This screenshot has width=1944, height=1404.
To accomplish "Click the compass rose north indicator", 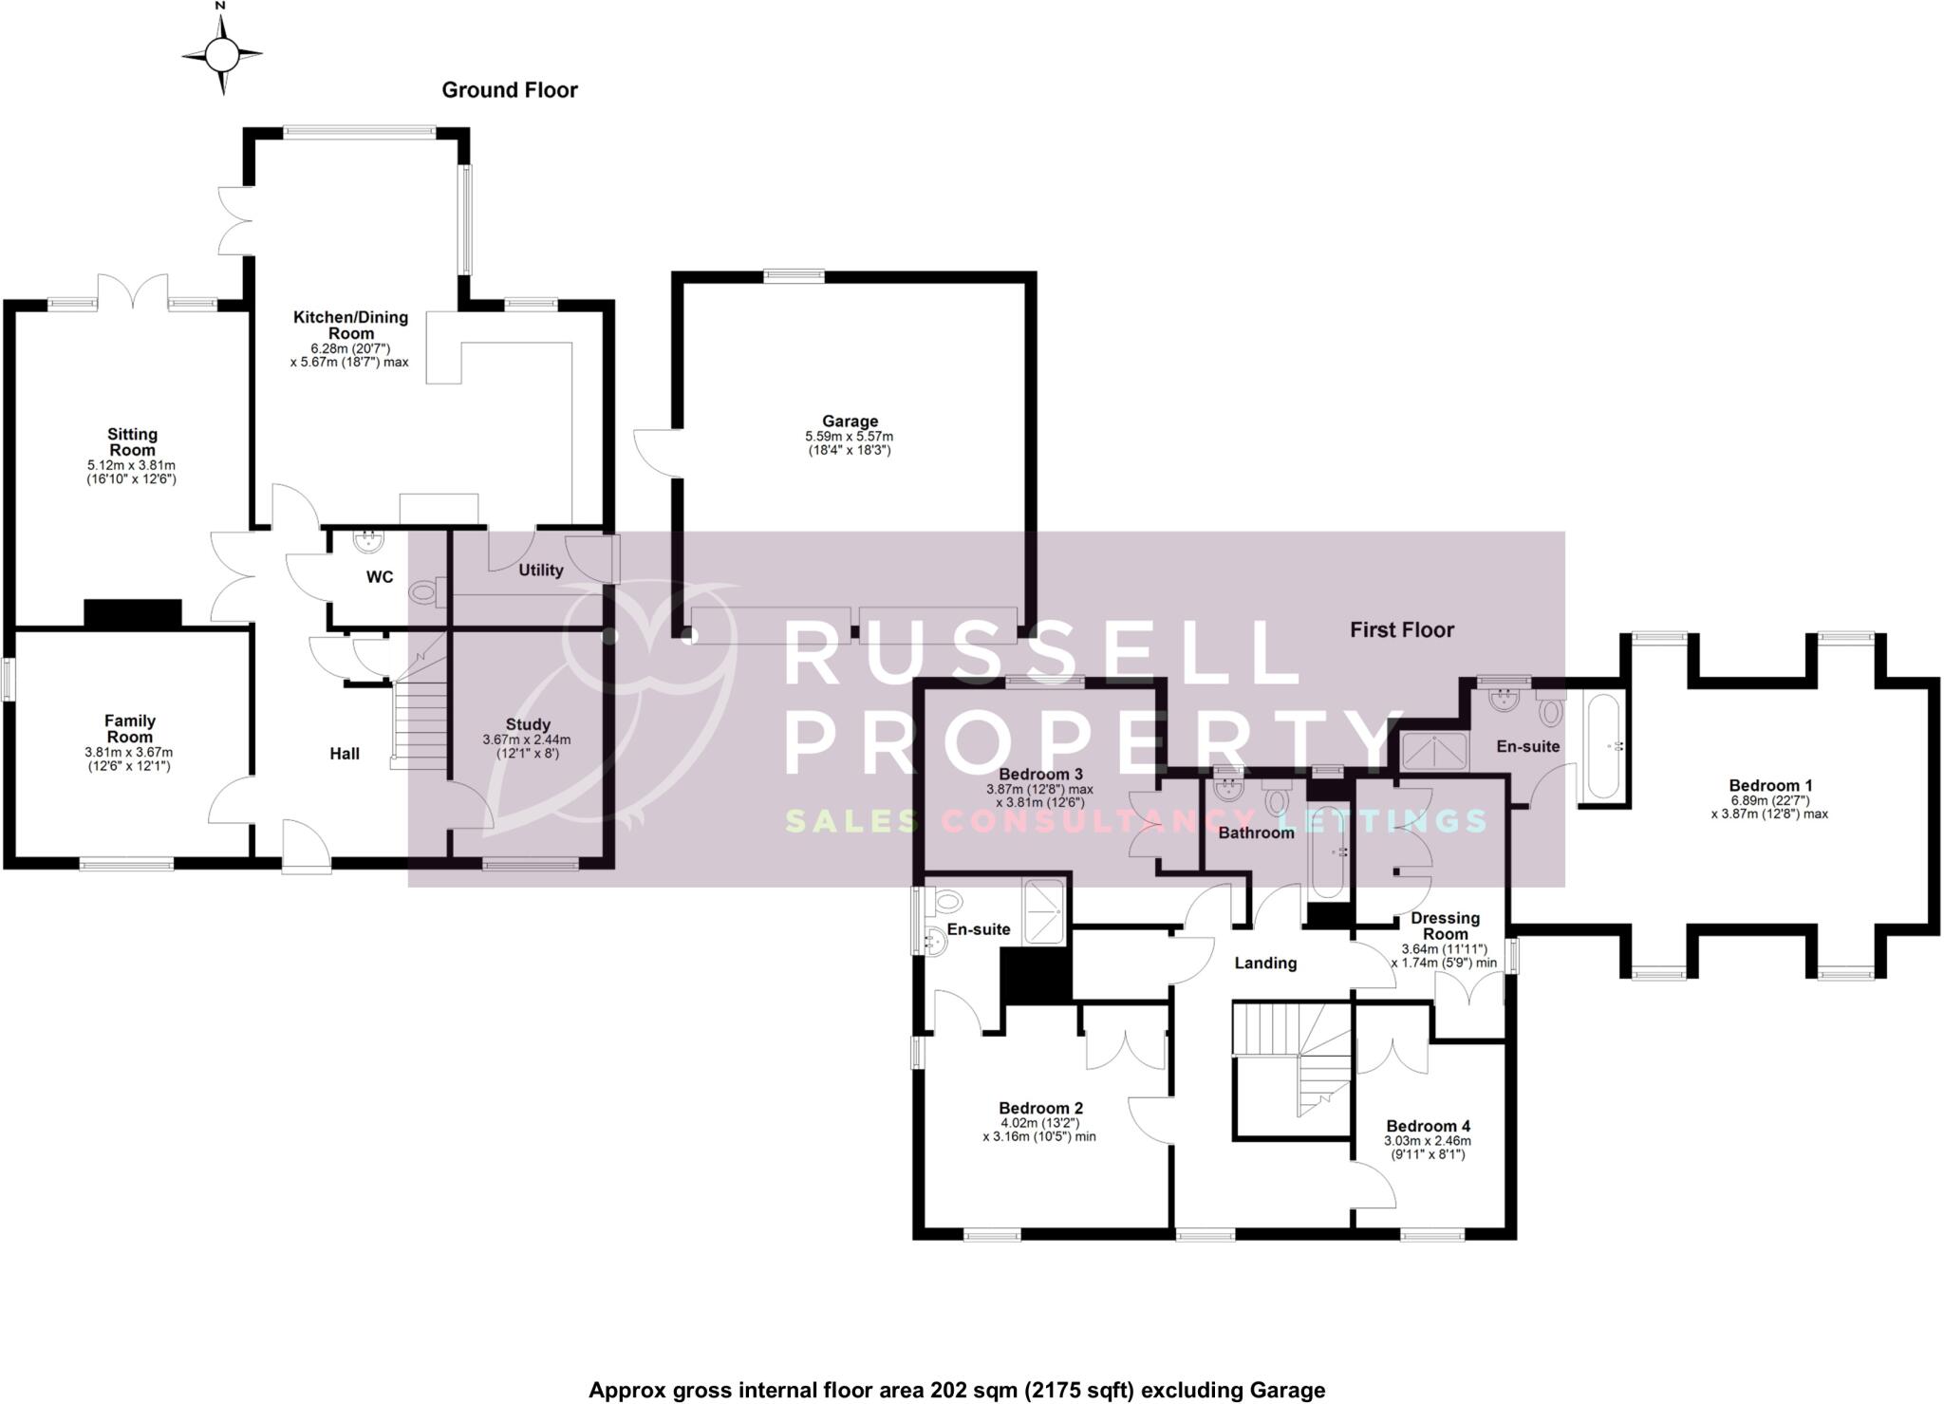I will (x=222, y=55).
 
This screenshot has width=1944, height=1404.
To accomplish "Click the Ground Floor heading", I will (x=510, y=90).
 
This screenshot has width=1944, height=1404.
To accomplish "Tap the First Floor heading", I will (x=1402, y=629).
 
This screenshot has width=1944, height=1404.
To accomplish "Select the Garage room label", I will (x=850, y=421).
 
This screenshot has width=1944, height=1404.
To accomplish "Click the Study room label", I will (x=528, y=724).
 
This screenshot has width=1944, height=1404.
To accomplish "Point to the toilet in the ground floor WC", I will (x=423, y=593).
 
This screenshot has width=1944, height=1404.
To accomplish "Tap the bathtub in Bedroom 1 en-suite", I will (x=1602, y=745).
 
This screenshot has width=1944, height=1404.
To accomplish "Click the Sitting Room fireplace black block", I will (x=133, y=613).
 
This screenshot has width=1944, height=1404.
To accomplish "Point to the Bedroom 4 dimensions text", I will (x=1427, y=1148).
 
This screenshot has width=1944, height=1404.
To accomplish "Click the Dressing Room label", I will (x=1445, y=926).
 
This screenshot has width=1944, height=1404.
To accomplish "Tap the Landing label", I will (x=1264, y=964).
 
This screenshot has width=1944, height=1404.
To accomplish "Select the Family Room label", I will (x=130, y=728).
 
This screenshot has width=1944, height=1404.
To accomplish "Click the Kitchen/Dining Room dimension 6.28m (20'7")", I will (x=350, y=348).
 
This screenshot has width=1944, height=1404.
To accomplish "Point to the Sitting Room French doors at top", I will (x=134, y=290).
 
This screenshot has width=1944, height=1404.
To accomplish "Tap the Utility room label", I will (x=540, y=571).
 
